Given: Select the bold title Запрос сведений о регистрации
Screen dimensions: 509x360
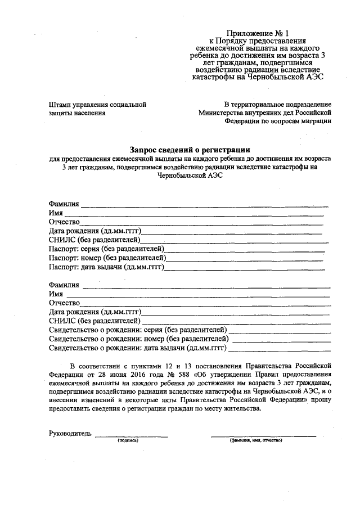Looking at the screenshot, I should (190, 150).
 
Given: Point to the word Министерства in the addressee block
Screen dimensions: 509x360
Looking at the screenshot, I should (220, 112).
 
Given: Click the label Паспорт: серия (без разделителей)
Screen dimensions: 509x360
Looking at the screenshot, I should (106, 248).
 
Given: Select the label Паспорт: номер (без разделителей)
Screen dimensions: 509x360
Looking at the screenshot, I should (107, 257).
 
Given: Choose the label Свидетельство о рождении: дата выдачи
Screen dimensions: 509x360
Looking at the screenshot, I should (138, 348).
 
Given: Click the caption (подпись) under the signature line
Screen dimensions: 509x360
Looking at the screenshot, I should (128, 440).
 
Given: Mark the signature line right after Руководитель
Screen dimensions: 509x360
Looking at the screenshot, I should (131, 436).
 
